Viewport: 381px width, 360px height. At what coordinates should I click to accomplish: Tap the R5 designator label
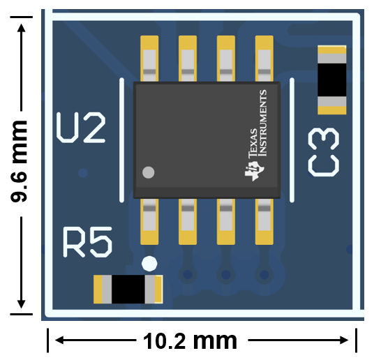(x=87, y=241)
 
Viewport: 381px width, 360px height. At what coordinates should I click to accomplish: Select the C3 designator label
(x=325, y=151)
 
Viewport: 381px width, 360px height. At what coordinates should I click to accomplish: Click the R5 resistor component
(x=128, y=289)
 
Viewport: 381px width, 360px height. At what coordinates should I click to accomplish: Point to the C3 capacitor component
(x=332, y=80)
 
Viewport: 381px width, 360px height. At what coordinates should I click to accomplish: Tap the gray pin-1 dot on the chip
(x=148, y=172)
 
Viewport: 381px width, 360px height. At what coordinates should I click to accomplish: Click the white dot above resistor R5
(x=149, y=263)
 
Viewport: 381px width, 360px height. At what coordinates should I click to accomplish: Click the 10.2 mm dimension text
(x=190, y=341)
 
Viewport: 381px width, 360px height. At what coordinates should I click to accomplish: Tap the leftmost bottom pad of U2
(x=149, y=222)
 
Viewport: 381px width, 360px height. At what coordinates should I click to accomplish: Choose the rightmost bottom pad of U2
(x=264, y=222)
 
